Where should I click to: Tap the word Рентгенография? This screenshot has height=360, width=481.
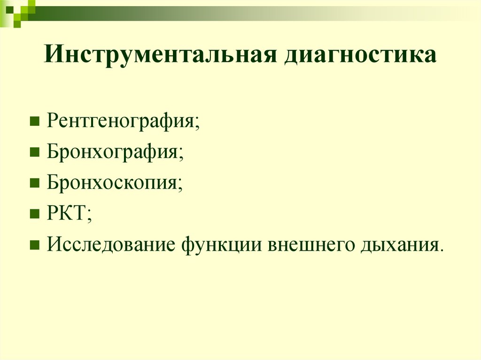click(121, 122)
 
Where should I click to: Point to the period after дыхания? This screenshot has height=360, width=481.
click(441, 249)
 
